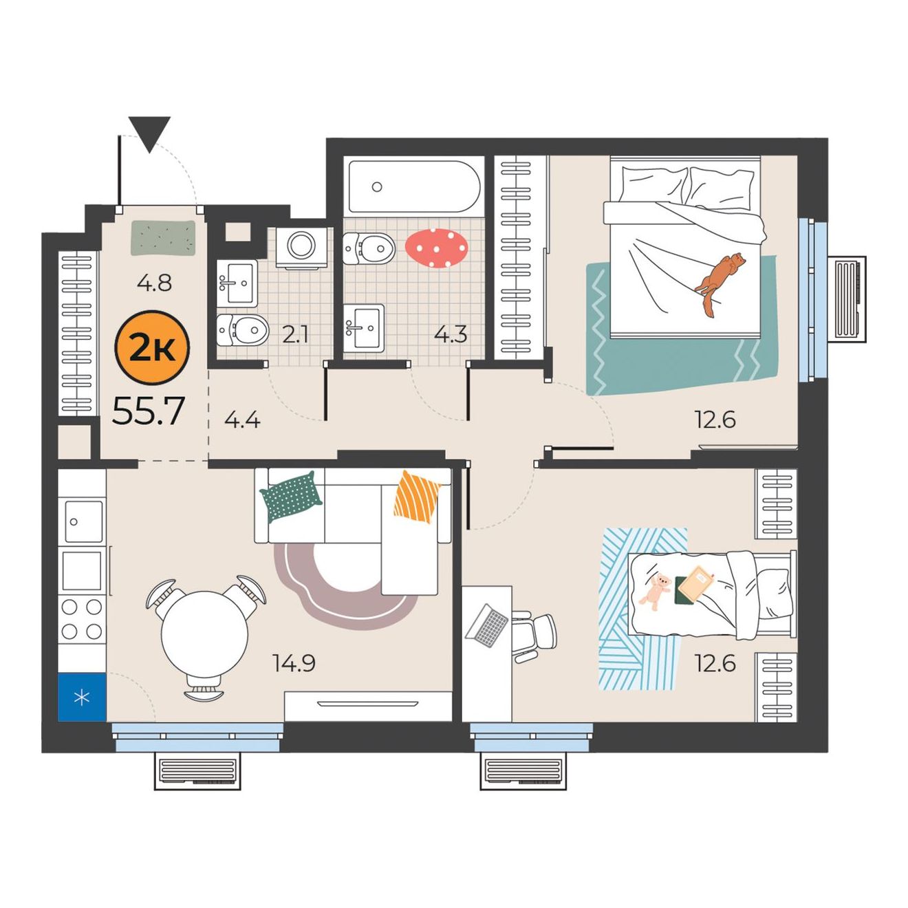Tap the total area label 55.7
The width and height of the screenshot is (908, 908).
click(149, 411)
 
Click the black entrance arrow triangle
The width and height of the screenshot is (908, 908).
click(150, 135)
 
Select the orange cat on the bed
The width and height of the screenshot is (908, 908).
click(719, 283)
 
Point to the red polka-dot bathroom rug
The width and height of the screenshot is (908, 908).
click(436, 248)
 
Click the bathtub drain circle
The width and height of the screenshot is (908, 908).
click(376, 186)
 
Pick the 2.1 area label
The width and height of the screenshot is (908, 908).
click(295, 335)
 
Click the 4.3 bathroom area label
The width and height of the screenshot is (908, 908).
click(451, 334)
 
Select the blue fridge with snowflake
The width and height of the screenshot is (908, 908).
click(82, 698)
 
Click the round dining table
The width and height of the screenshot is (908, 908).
click(204, 634)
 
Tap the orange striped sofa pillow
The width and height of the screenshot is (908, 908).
click(417, 497)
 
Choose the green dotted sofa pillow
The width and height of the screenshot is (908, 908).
click(291, 497)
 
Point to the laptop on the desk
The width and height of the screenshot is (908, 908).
click(487, 625)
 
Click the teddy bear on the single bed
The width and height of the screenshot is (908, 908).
click(656, 592)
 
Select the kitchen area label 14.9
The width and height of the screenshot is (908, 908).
click(294, 663)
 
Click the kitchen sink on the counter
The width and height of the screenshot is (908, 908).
click(83, 521)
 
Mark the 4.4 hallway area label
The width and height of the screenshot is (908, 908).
click(242, 420)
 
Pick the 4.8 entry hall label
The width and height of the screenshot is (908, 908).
click(154, 283)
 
